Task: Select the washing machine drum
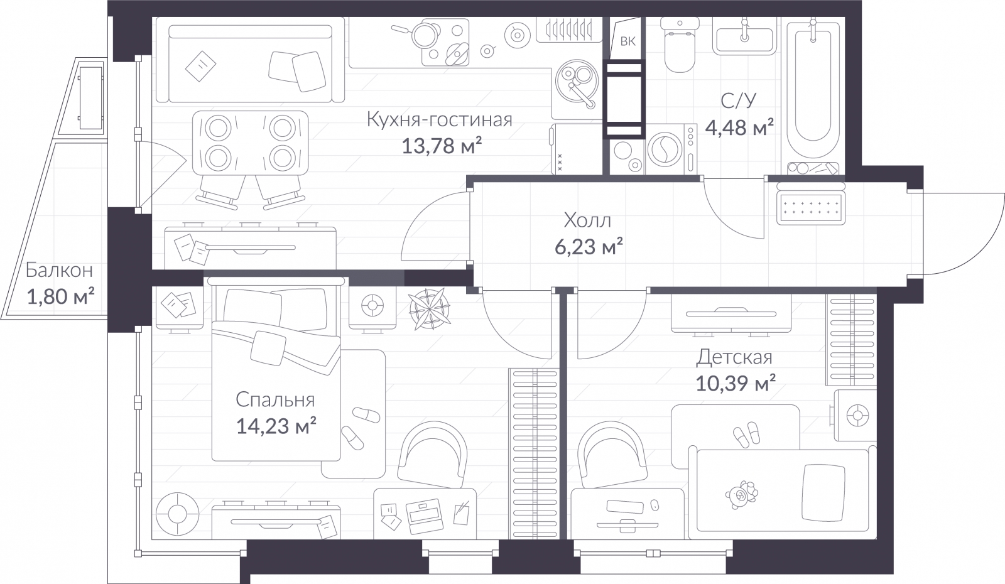[x=665, y=149]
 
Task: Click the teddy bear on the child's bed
[x=741, y=495]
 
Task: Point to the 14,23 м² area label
[x=276, y=426]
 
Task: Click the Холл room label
[x=587, y=220]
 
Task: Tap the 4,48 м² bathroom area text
[x=739, y=127]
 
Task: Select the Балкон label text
[x=59, y=270]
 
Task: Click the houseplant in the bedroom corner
[x=430, y=309]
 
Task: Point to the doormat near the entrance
[x=811, y=208]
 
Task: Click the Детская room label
[x=734, y=357]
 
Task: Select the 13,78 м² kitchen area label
[x=442, y=146]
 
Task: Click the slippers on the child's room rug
[x=747, y=434]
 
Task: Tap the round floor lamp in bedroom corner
[x=177, y=514]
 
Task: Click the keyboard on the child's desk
[x=625, y=506]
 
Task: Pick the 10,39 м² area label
[x=736, y=384]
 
